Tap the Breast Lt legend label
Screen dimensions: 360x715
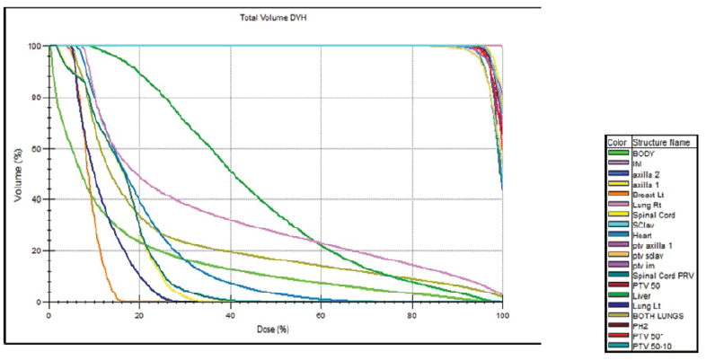pos(648,195)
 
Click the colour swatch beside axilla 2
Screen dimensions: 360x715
pos(618,174)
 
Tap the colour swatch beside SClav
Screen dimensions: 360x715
pos(618,225)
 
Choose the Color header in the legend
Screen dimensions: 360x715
pos(618,144)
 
